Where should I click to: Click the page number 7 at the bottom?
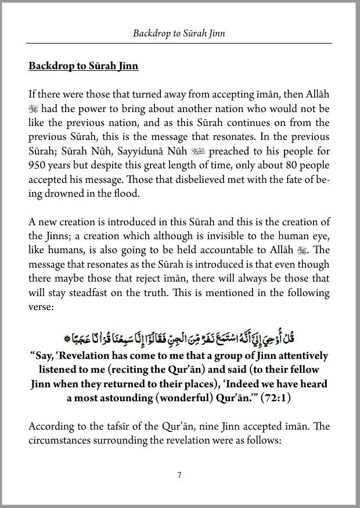tap(180, 475)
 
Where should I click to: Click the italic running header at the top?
tap(179, 34)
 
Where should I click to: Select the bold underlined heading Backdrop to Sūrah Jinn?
tap(83, 66)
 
